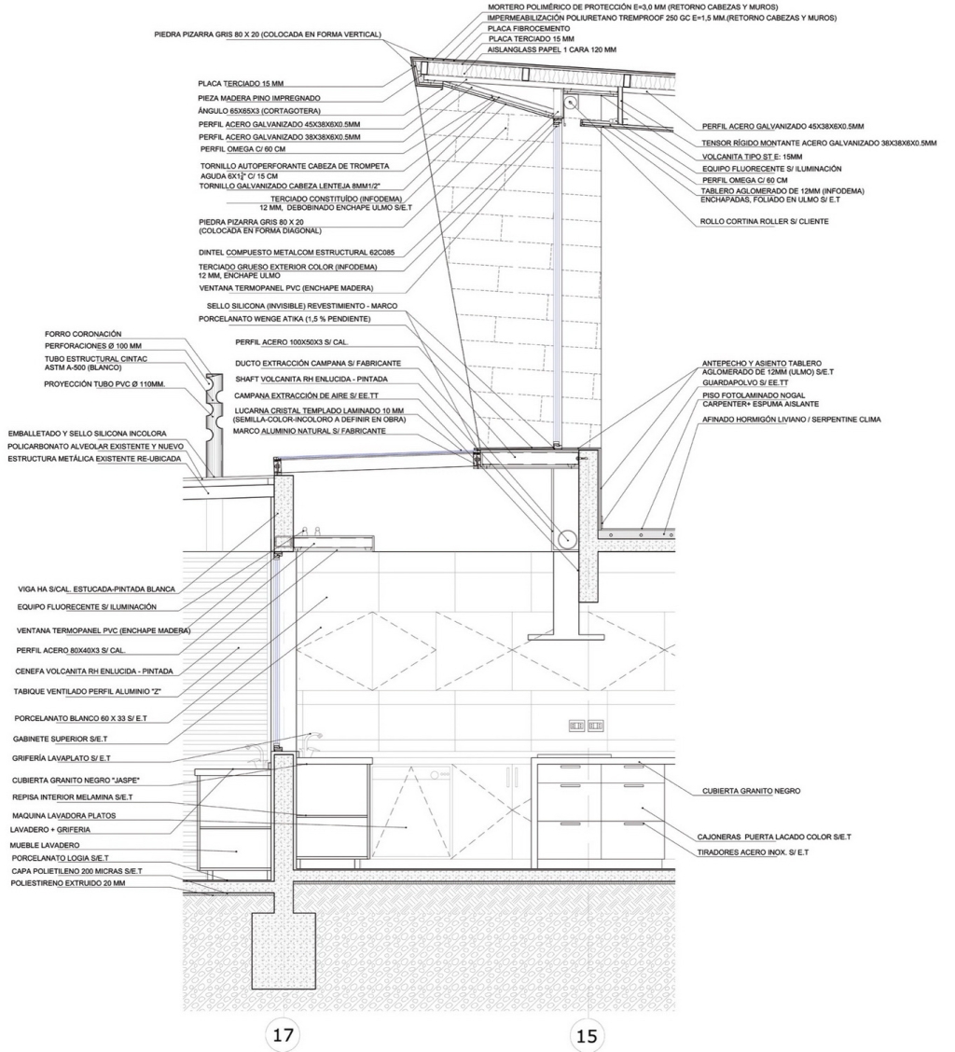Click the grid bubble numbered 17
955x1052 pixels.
tap(284, 1034)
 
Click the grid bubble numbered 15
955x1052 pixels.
tap(586, 1035)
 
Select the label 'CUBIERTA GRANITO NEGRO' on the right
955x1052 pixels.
tap(751, 791)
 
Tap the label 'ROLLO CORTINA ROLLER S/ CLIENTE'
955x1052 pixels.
tap(765, 221)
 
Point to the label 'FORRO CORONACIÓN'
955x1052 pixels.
tap(83, 334)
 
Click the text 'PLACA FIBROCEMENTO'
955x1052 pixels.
tap(529, 29)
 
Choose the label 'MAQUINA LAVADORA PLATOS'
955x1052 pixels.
tap(63, 816)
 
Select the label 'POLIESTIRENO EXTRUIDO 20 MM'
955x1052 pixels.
tap(68, 883)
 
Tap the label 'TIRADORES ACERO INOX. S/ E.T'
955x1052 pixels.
tap(753, 852)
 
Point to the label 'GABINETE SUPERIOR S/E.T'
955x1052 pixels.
tap(60, 739)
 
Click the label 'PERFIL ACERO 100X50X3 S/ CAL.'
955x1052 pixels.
tap(292, 342)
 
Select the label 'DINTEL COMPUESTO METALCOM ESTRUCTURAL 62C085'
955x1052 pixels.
tap(297, 253)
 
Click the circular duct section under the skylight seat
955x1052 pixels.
tap(565, 538)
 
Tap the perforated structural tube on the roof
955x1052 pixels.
tap(214, 426)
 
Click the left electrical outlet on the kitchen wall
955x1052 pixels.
tap(576, 726)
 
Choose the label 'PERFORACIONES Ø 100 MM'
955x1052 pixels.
tap(93, 346)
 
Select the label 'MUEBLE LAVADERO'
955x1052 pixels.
tap(45, 845)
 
